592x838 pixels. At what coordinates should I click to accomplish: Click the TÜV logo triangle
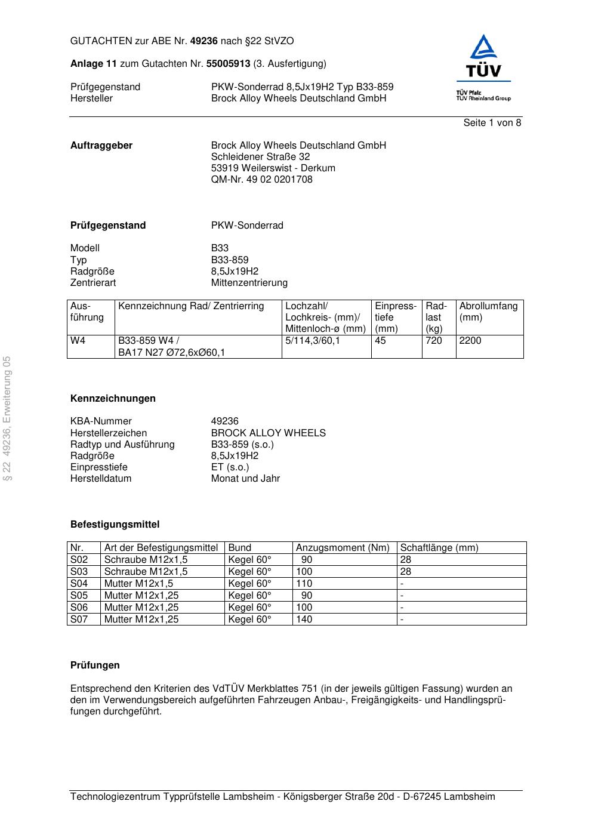(x=483, y=48)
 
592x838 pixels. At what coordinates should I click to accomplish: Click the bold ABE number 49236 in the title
(x=203, y=41)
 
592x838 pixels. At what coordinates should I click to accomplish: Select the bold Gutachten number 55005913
(x=228, y=64)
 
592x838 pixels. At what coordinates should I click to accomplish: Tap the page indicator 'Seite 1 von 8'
(x=492, y=123)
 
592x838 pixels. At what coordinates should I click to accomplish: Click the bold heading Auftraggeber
(x=101, y=146)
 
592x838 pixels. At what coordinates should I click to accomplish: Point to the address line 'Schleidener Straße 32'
(x=260, y=157)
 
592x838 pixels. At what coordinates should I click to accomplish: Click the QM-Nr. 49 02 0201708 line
(x=261, y=180)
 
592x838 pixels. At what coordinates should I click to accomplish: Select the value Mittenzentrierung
(x=249, y=283)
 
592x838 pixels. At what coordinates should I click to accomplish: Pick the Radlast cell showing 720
(x=434, y=341)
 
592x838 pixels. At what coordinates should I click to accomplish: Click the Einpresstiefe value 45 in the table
(x=380, y=341)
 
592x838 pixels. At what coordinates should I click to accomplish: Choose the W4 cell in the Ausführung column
(x=78, y=341)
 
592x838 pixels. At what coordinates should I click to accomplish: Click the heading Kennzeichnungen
(x=113, y=399)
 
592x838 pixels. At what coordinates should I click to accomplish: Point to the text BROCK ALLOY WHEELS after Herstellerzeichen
(x=268, y=433)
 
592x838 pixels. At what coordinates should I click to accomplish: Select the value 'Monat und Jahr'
(x=245, y=479)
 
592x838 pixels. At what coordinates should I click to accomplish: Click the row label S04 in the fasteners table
(x=79, y=584)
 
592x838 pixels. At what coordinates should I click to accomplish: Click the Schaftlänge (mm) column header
(x=439, y=548)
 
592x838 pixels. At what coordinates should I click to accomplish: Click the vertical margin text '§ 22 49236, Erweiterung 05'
(x=7, y=418)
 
